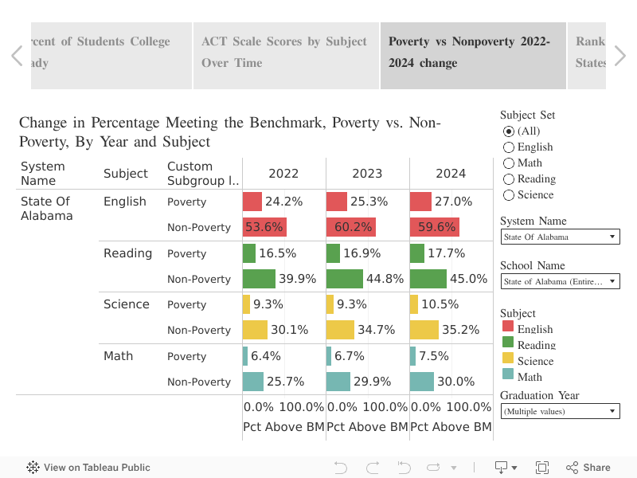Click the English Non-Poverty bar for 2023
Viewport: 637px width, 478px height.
[x=350, y=227]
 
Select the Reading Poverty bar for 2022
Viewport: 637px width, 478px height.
[x=249, y=253]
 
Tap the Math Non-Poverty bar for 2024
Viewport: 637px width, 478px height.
[x=422, y=382]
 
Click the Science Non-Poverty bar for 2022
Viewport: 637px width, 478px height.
[x=255, y=330]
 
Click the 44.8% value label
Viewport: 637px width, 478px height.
[x=385, y=279]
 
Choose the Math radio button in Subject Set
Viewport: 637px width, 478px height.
[x=509, y=163]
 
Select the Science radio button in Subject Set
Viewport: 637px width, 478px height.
[x=509, y=195]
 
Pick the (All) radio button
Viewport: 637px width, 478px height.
[x=509, y=131]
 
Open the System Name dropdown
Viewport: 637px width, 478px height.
[x=560, y=237]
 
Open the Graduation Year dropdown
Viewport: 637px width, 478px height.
[x=560, y=411]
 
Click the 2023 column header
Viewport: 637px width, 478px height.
[x=367, y=174]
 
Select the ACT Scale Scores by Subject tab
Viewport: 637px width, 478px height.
[x=285, y=53]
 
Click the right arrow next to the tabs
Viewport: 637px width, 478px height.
[x=620, y=55]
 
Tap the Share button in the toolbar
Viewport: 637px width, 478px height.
[x=588, y=468]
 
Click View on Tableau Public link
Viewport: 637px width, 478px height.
[x=88, y=468]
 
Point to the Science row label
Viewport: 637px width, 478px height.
[x=126, y=304]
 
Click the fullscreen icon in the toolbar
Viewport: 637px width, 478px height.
[x=542, y=468]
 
